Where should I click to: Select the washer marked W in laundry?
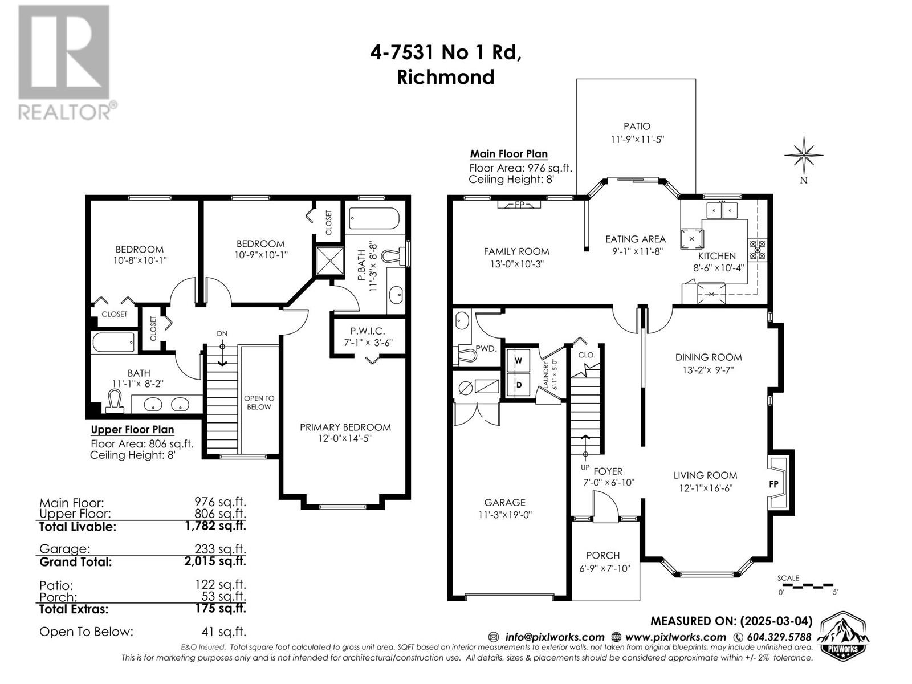518,360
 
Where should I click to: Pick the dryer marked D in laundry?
518,385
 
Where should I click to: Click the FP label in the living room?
773,484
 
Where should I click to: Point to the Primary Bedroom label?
345,427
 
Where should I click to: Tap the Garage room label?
504,503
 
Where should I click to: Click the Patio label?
637,126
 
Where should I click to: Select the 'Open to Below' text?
259,402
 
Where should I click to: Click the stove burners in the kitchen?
756,250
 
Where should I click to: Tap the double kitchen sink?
722,210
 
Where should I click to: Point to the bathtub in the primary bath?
374,218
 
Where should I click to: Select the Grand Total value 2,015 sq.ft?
215,561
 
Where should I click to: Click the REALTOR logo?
67,62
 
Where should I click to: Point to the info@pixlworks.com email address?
554,637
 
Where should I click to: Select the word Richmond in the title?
445,77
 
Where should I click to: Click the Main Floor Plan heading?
508,154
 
